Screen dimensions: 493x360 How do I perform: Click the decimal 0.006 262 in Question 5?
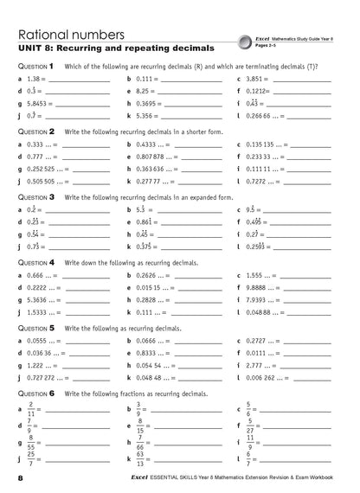pos(267,377)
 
